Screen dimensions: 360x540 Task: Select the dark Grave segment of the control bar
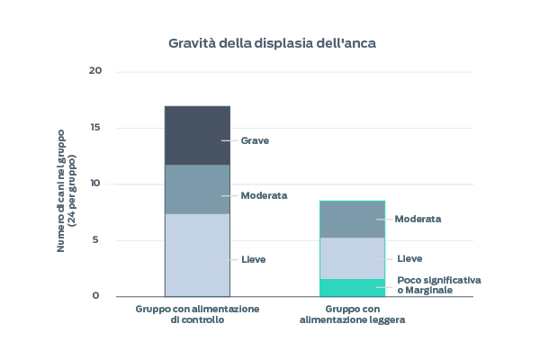click(x=196, y=135)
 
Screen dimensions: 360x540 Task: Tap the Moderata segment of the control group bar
click(x=196, y=189)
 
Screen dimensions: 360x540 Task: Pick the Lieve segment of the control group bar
click(x=196, y=255)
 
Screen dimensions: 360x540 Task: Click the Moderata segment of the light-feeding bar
click(x=352, y=219)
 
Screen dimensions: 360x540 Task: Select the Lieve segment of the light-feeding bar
click(x=352, y=258)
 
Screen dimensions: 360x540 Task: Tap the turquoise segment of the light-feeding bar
click(x=352, y=288)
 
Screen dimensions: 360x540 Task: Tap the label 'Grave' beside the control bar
click(x=255, y=140)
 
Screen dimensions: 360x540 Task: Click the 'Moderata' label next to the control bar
click(x=264, y=195)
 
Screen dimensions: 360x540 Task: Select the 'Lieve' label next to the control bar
click(x=254, y=259)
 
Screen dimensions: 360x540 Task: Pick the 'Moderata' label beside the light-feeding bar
click(x=418, y=219)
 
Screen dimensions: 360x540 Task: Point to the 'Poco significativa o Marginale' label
click(x=438, y=284)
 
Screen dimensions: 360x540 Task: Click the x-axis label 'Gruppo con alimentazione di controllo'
click(x=197, y=313)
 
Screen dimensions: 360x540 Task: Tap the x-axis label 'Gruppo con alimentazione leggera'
click(x=352, y=313)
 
